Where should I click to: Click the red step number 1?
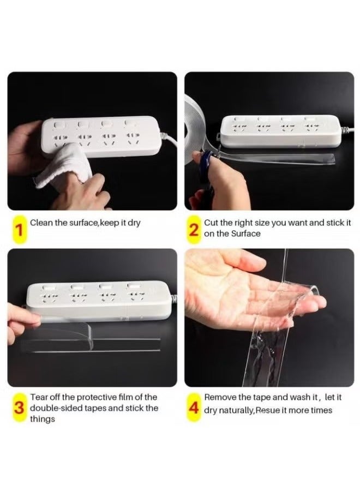[19, 230]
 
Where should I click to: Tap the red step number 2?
[194, 230]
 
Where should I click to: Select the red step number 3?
[20, 408]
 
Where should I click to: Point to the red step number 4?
[194, 408]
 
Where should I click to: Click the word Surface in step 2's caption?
[246, 233]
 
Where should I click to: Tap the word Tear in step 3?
[37, 397]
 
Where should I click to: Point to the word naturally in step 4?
[236, 410]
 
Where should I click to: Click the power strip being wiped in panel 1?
[102, 136]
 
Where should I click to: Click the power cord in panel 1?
[169, 140]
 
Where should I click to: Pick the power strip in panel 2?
[281, 131]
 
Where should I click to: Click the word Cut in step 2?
[211, 223]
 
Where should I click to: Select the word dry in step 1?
[134, 223]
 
